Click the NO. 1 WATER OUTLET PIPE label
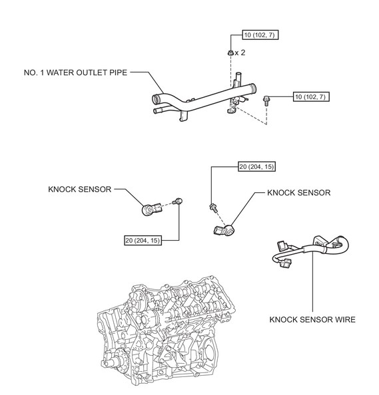tap(75, 72)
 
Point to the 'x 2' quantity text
tap(240, 53)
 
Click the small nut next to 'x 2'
tap(230, 53)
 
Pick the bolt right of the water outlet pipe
tap(266, 100)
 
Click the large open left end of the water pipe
tap(157, 98)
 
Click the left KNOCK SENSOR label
tap(80, 189)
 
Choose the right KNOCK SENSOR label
tap(299, 193)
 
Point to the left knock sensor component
tap(151, 209)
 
